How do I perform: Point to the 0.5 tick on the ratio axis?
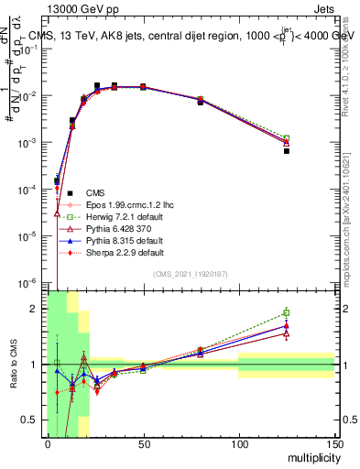(x=34, y=420)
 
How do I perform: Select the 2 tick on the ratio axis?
(x=38, y=309)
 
